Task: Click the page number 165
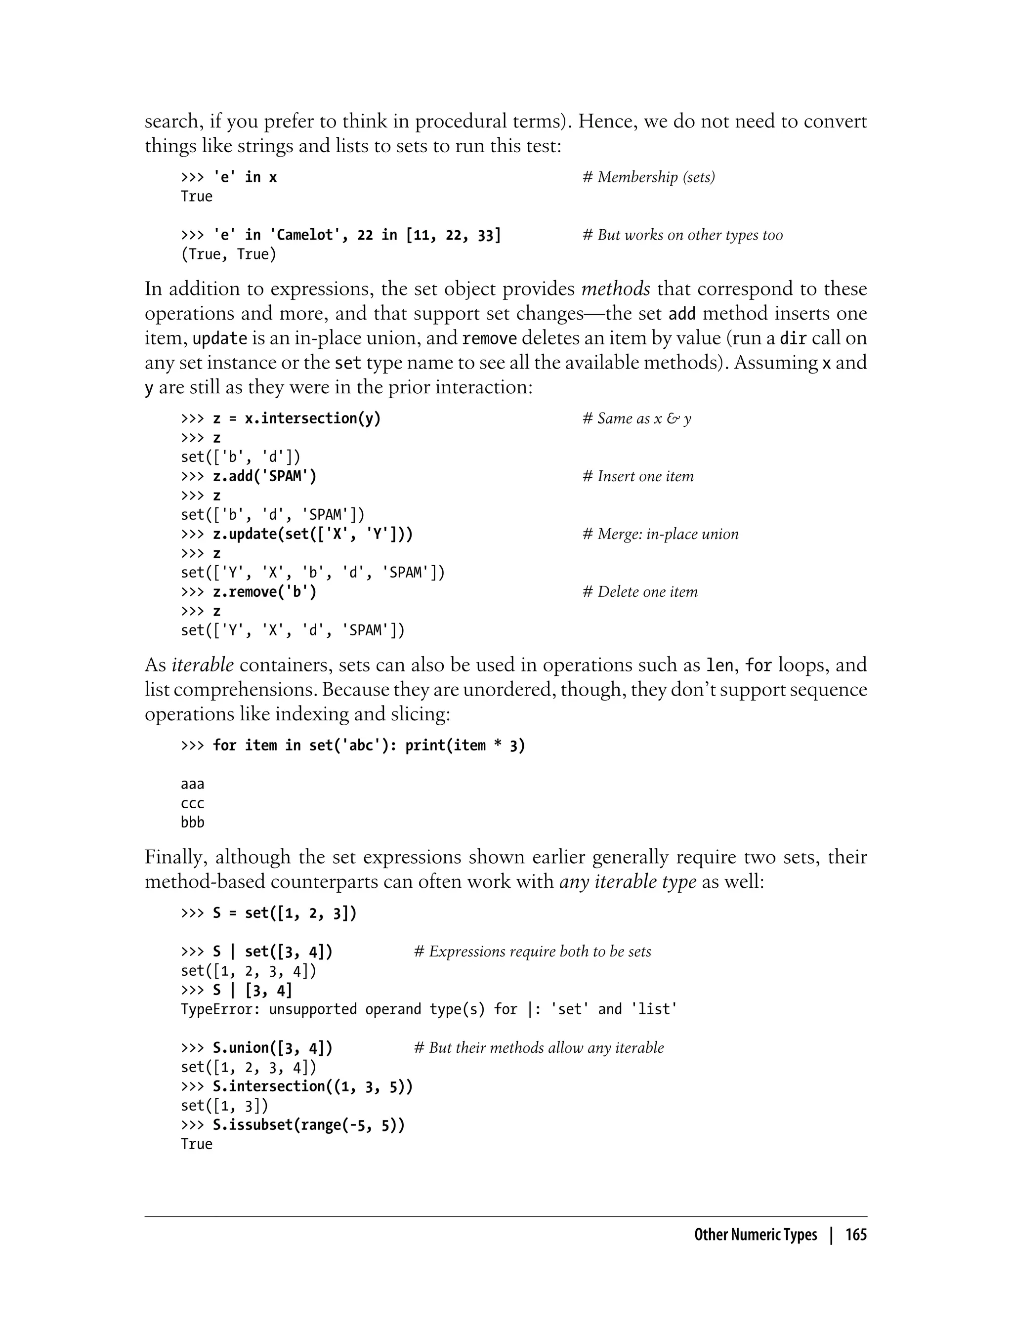tap(855, 1235)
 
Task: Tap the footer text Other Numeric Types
tap(756, 1235)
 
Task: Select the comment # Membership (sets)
tap(649, 177)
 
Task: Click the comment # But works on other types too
tap(682, 235)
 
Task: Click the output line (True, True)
tap(228, 254)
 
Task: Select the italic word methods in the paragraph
tap(615, 289)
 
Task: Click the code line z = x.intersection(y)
tap(297, 418)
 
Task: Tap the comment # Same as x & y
tap(637, 418)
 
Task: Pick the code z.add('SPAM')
tap(264, 476)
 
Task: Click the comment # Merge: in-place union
tap(660, 534)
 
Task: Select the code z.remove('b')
tap(264, 592)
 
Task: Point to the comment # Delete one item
tap(640, 592)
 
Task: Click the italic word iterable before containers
tap(203, 665)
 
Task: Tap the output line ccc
tap(193, 803)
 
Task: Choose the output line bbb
tap(193, 823)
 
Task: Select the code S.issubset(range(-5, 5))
tap(308, 1125)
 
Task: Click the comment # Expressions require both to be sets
tap(533, 952)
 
